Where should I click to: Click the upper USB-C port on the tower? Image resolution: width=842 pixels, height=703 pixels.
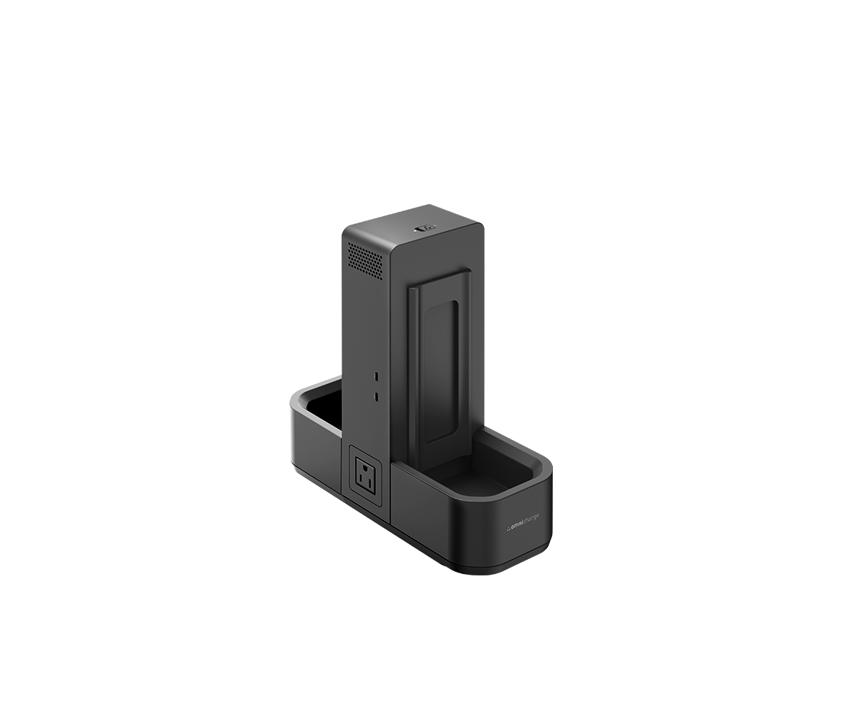[377, 375]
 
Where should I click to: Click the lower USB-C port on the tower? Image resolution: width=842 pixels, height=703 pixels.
[377, 395]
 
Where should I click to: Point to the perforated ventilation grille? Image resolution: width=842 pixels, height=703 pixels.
[364, 260]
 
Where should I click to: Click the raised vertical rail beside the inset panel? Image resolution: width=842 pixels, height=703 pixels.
[413, 369]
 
